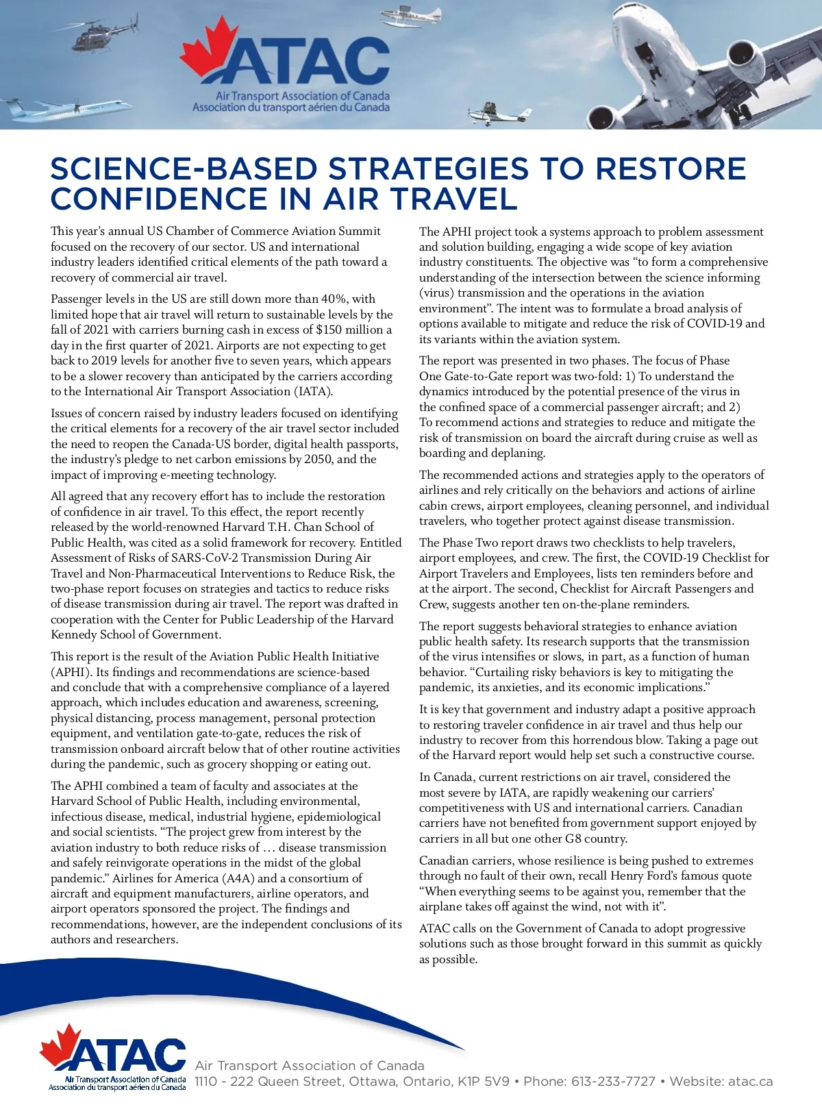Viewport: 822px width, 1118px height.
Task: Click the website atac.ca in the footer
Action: coord(750,1082)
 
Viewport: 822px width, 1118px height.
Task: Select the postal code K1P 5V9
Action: coord(484,1082)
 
